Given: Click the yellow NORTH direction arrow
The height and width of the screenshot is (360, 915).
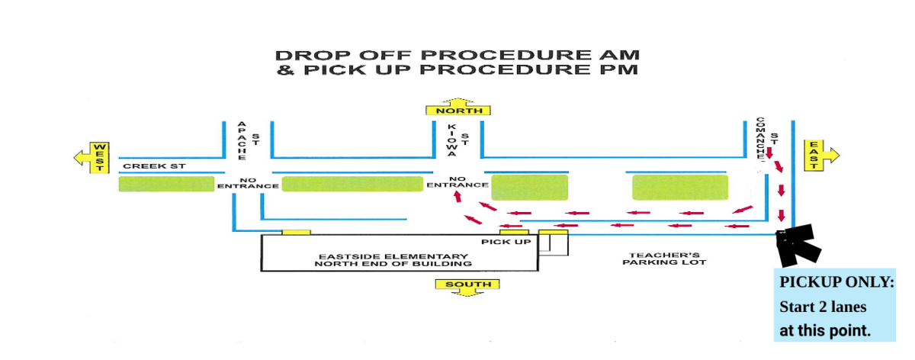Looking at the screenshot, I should point(461,108).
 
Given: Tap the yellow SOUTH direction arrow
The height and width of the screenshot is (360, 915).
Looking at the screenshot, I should point(467,286).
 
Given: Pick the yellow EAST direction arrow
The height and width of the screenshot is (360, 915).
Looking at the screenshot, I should point(820,155).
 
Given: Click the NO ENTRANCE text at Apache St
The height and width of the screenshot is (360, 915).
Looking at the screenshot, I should point(248,183).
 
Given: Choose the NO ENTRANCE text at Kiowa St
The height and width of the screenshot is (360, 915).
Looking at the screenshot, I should point(457,182).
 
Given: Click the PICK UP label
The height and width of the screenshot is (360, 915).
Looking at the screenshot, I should point(506,242).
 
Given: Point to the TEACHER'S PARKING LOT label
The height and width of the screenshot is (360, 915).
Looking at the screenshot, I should point(663,259).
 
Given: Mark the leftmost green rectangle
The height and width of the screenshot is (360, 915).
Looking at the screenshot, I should point(166,184).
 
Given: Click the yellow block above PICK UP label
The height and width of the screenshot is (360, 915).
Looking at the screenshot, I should point(514,231).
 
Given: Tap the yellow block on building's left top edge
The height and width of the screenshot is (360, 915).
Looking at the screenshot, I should point(296,231).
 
